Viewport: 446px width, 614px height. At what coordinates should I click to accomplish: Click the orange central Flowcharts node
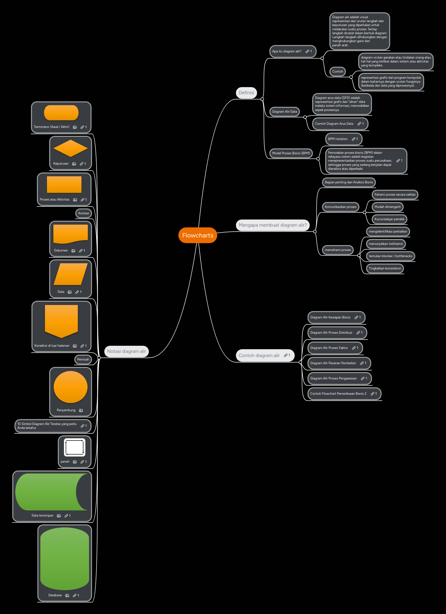click(198, 235)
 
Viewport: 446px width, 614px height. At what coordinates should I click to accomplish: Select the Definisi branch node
click(246, 93)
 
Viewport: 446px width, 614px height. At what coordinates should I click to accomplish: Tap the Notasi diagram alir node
click(126, 351)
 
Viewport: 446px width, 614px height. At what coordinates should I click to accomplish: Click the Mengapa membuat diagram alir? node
click(273, 225)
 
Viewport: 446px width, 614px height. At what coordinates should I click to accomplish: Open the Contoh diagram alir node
click(259, 355)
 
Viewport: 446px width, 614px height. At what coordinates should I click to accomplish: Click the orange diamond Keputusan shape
click(70, 148)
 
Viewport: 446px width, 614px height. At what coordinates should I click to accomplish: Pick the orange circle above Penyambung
click(70, 387)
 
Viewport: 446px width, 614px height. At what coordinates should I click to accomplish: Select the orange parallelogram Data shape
click(70, 274)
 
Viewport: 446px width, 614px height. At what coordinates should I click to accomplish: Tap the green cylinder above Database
click(65, 558)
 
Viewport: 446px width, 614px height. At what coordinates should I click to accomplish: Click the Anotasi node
click(83, 213)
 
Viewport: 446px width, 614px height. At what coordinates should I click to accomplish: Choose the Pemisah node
click(83, 360)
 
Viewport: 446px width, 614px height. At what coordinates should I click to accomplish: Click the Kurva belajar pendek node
click(389, 219)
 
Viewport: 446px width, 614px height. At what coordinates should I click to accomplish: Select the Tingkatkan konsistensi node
click(384, 268)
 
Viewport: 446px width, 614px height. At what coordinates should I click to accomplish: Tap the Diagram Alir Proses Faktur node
click(329, 348)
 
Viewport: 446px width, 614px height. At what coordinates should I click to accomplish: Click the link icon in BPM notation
click(354, 139)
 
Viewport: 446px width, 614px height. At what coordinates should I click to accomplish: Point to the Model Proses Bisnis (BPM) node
click(291, 153)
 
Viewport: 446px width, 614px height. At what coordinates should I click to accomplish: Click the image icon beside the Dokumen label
click(73, 251)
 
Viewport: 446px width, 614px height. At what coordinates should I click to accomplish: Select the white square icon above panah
click(75, 447)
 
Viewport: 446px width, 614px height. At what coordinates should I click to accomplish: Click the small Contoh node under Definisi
click(338, 71)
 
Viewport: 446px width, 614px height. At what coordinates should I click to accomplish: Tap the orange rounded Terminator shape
click(61, 113)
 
